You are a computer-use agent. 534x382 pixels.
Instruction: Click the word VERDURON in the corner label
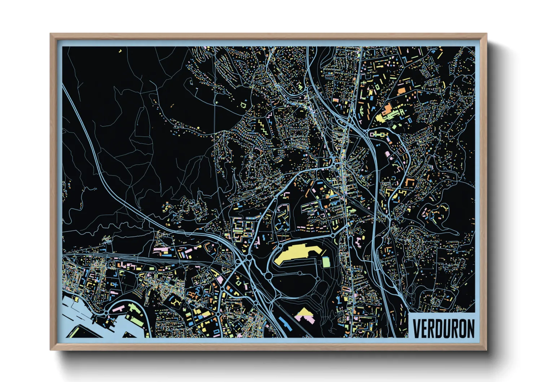443,328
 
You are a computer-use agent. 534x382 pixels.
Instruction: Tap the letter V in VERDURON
417,328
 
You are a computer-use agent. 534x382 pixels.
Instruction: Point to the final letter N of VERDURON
470,328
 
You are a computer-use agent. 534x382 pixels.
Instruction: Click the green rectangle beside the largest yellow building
326,262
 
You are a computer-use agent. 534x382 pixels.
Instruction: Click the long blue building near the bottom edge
285,323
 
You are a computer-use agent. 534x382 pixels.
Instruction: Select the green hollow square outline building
243,105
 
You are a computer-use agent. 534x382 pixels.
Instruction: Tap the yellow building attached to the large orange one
380,118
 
